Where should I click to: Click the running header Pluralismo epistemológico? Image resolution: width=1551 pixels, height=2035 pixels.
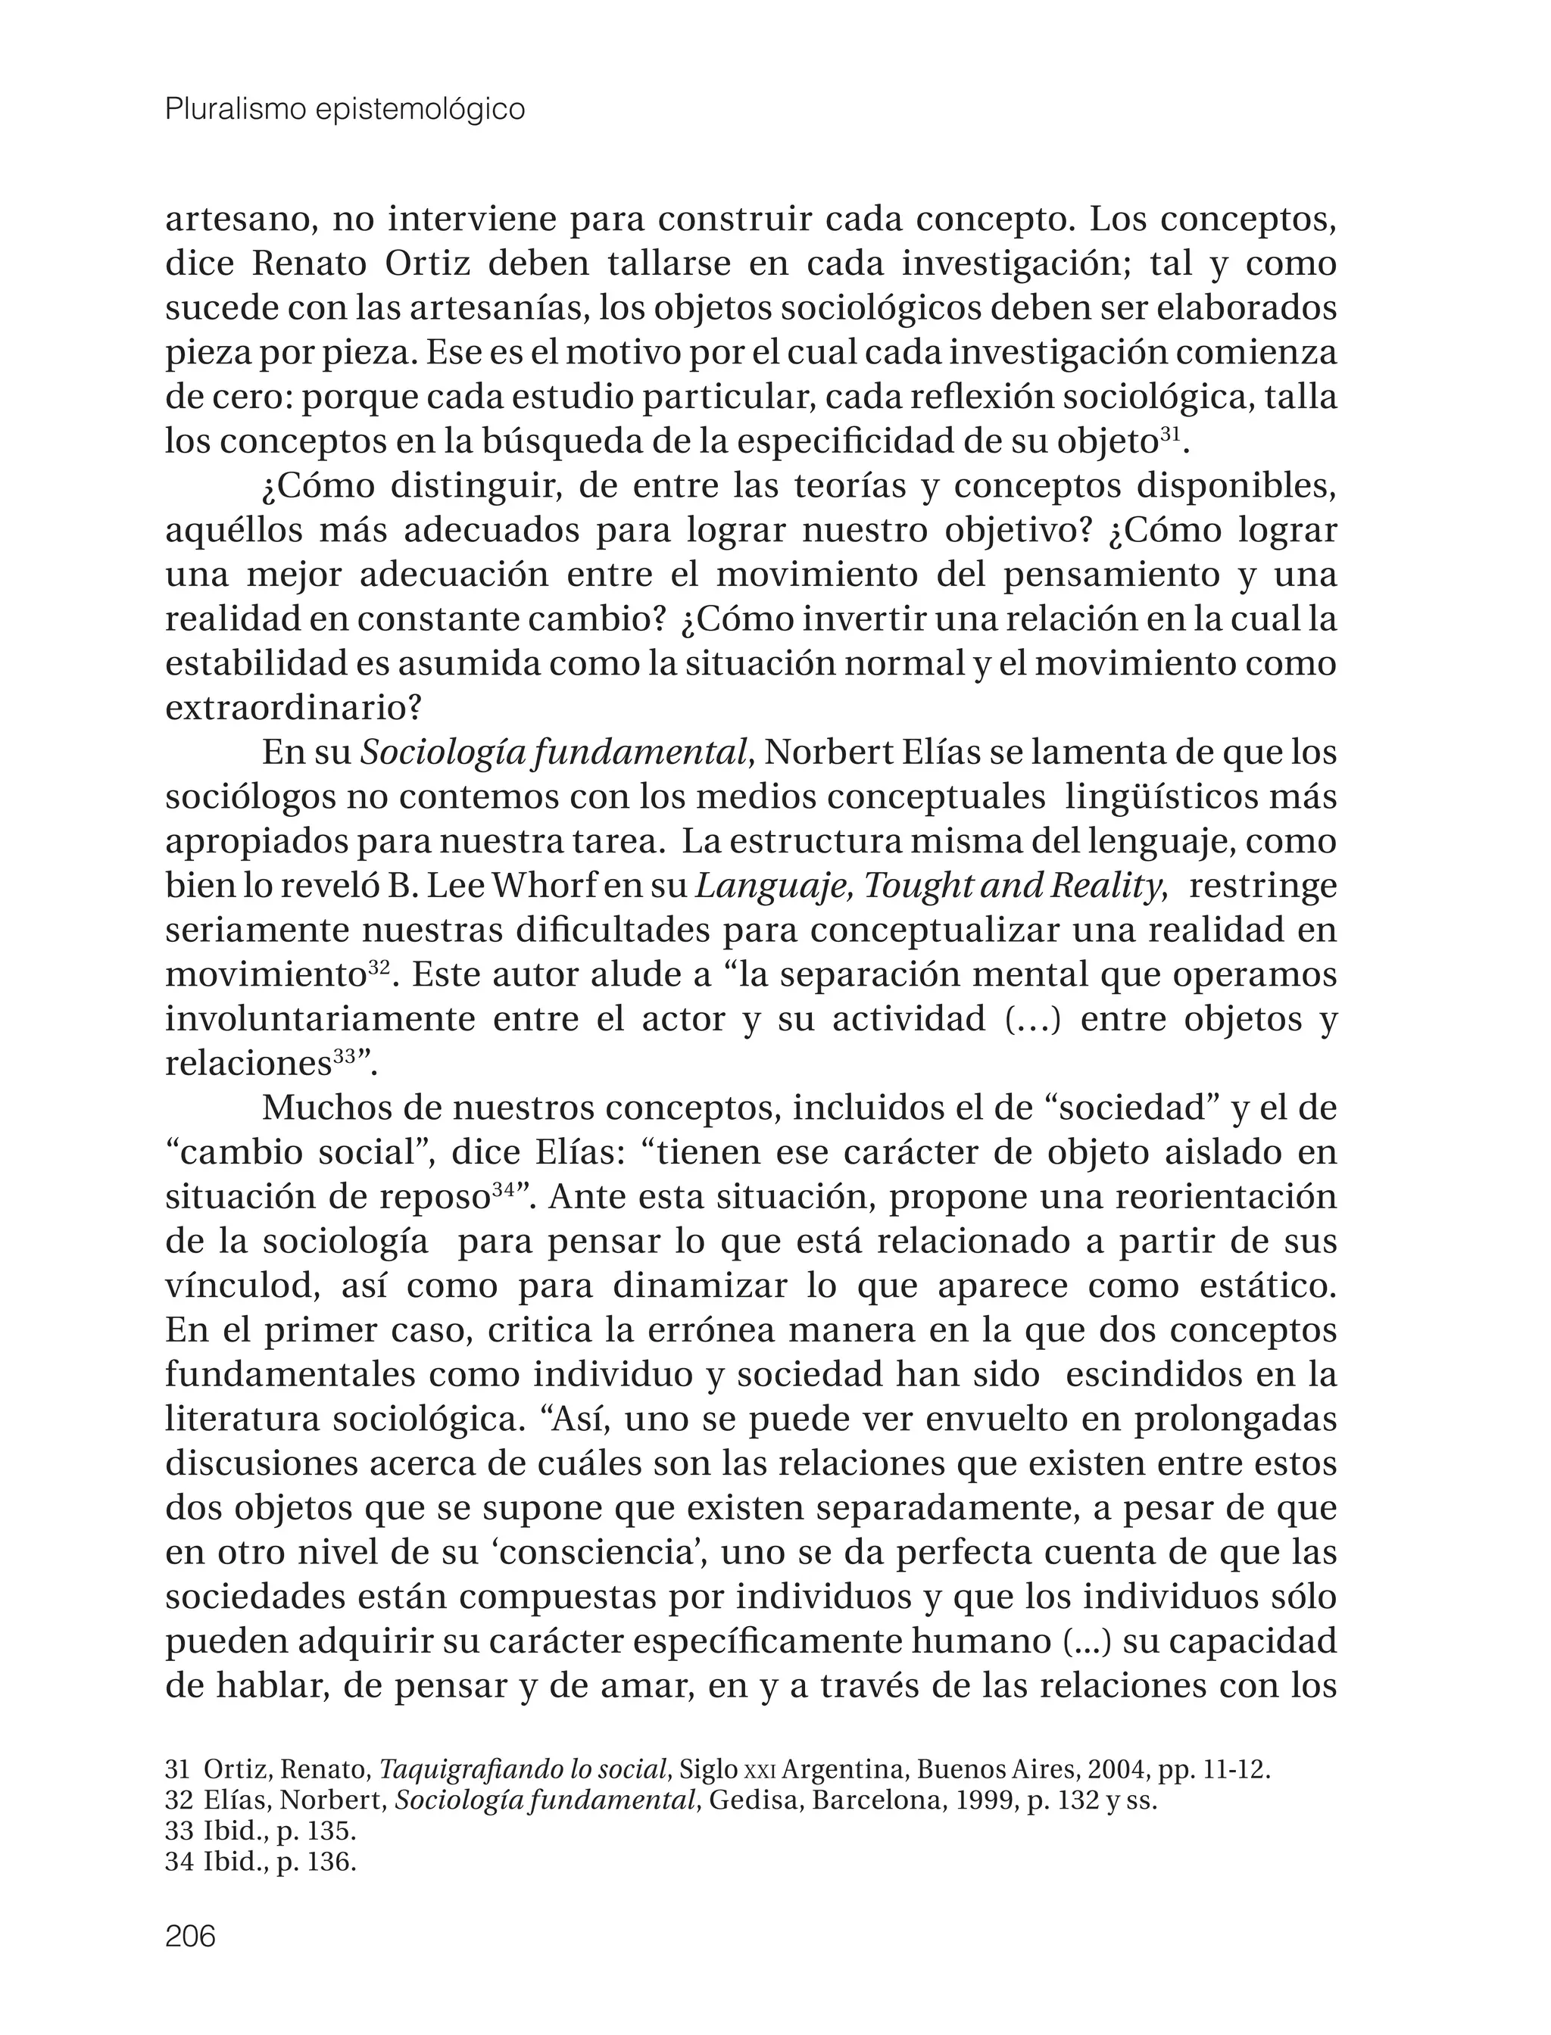pyautogui.click(x=345, y=110)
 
